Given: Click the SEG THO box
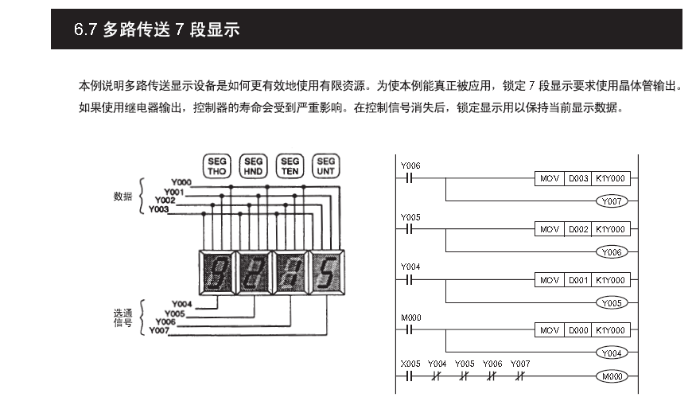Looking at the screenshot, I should (216, 166).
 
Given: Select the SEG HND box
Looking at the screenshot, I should (253, 166).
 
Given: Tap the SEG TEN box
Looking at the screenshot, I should (290, 166).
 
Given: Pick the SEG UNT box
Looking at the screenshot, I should (326, 166).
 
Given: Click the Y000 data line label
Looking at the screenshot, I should (181, 184).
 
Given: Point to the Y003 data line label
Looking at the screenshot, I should (158, 209).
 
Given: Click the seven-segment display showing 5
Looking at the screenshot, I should (326, 271).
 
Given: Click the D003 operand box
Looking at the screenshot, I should (577, 179).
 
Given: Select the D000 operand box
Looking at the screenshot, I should (577, 329).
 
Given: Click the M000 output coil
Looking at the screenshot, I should (611, 376).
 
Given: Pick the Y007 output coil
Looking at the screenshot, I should (611, 201).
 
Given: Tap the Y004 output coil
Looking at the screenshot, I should (611, 352).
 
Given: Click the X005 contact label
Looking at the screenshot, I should (410, 364).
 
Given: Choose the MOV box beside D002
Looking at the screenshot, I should (549, 229).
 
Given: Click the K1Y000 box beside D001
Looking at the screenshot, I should (611, 279).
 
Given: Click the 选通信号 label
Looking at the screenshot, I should (122, 319).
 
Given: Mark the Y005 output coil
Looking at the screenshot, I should (611, 302).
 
